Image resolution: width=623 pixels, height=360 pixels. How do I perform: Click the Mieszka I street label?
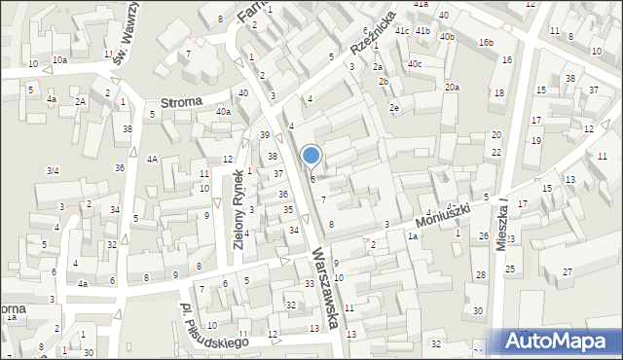pos(503,227)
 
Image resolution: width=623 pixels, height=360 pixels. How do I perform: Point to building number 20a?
pos(453,88)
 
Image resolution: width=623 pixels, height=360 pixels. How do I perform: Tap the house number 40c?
pos(416,64)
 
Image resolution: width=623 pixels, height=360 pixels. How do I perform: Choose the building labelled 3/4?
pos(53,171)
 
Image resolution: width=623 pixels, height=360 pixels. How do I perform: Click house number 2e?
pos(394,107)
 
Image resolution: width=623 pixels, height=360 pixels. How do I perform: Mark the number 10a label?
pos(60,60)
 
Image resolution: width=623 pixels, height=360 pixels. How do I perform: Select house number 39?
pos(264,135)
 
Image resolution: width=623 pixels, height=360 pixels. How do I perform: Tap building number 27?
pos(568,272)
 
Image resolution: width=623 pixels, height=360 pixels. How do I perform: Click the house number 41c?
pos(402,31)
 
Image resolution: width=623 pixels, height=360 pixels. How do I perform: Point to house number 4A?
pos(152,159)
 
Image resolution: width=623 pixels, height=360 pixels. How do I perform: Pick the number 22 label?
pos(496,152)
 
